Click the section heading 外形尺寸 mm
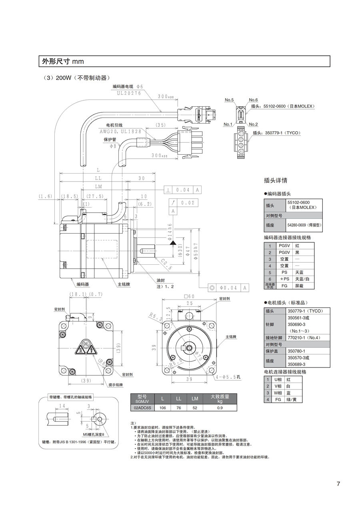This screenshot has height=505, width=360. (63, 61)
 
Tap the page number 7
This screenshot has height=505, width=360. (338, 484)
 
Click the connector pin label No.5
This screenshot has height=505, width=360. (229, 100)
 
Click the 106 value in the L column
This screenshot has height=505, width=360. (162, 408)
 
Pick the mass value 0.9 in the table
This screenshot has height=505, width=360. (220, 408)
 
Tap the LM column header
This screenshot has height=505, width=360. (195, 399)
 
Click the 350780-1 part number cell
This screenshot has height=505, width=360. (296, 351)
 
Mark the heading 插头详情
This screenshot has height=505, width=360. (276, 180)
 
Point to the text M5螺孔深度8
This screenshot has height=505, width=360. (94, 434)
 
